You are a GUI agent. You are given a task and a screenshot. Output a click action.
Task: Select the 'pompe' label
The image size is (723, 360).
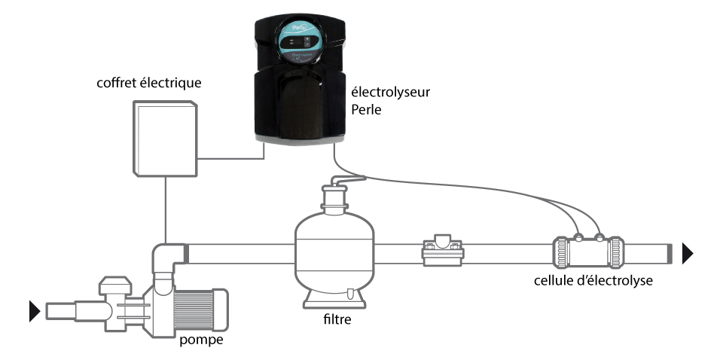tap(203, 340)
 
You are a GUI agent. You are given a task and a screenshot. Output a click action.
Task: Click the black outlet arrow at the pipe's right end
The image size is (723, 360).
tap(688, 254)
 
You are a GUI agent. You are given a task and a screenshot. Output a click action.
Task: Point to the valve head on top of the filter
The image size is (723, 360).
tap(332, 197)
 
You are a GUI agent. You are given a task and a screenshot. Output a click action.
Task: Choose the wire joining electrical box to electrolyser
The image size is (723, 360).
tap(233, 158)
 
